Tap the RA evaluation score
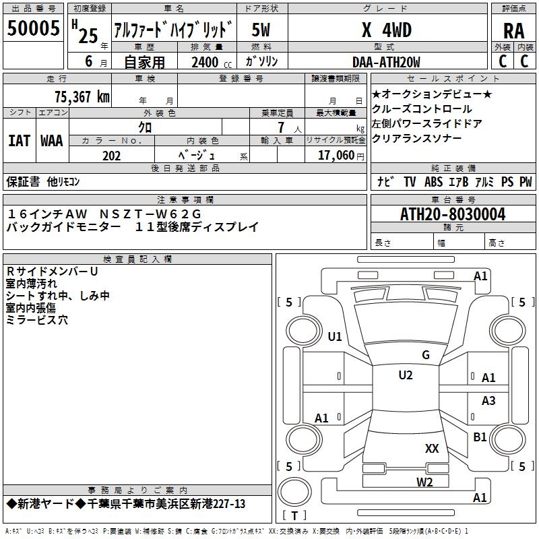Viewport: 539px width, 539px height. coord(513,31)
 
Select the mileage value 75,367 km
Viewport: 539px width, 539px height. coord(82,97)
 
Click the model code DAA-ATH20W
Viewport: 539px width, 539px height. coord(385,62)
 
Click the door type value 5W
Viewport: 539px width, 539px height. coord(261,30)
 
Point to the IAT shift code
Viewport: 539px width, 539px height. coord(19,141)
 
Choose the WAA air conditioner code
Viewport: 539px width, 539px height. coord(52,141)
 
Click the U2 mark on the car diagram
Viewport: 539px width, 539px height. coord(405,375)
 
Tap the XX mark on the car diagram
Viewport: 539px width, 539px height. coord(432,448)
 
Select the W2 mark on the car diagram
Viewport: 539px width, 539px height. coord(424,482)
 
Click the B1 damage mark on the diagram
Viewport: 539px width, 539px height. coord(480,437)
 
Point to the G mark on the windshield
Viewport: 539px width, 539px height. coord(425,355)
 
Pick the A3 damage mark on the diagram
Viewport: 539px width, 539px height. coord(488,401)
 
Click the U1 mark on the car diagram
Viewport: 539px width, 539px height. coord(335,337)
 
